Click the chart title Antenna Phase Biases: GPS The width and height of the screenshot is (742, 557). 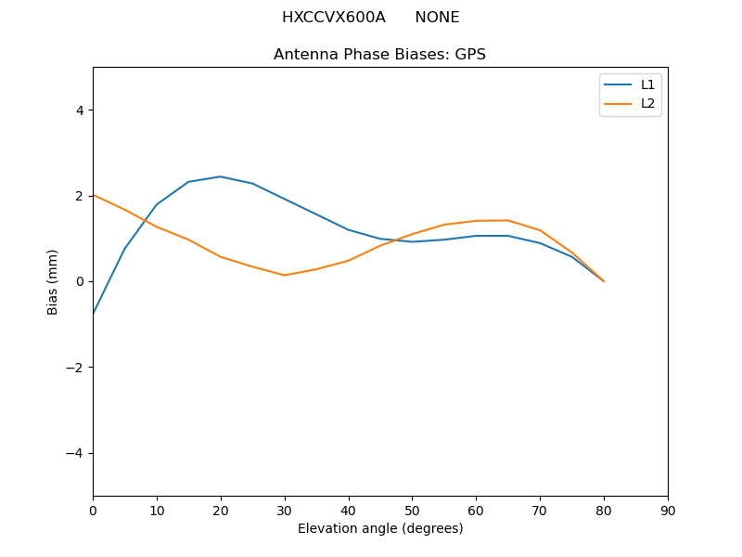[379, 55]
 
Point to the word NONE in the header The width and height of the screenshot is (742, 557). [437, 18]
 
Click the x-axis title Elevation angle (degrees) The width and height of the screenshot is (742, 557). [379, 528]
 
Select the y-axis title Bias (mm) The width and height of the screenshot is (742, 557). [53, 281]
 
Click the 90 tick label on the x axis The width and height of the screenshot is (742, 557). [668, 511]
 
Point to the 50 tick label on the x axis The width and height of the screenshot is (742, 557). [412, 511]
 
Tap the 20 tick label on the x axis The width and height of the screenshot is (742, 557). [221, 511]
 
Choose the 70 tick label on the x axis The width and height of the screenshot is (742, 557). [540, 511]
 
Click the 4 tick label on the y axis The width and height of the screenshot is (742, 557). [79, 110]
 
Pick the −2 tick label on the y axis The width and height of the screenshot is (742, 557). [74, 368]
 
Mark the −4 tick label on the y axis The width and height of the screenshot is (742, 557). [74, 453]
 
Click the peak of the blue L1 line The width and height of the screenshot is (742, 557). [221, 176]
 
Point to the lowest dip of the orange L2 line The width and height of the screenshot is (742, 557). [285, 275]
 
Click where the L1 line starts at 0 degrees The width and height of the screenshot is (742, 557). [94, 314]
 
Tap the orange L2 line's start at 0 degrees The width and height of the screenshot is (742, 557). [94, 195]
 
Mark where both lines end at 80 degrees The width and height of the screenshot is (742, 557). [604, 281]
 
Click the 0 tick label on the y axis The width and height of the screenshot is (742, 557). [79, 281]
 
